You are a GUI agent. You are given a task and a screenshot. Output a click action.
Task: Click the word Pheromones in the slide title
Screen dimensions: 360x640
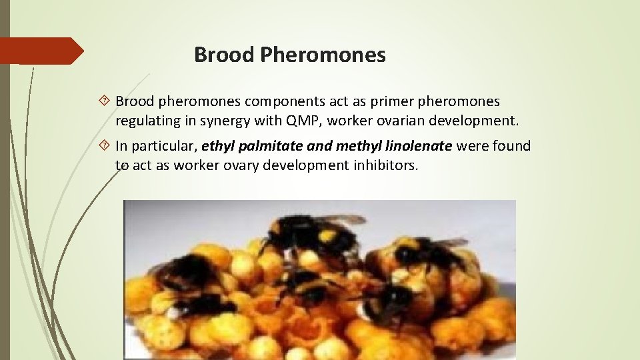(323, 55)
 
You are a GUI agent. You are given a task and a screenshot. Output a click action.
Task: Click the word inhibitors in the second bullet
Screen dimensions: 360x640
(386, 165)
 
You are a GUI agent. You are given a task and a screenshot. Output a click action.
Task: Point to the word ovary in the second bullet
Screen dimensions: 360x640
(239, 165)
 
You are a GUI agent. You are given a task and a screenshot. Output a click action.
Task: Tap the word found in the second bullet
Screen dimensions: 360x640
(509, 145)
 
